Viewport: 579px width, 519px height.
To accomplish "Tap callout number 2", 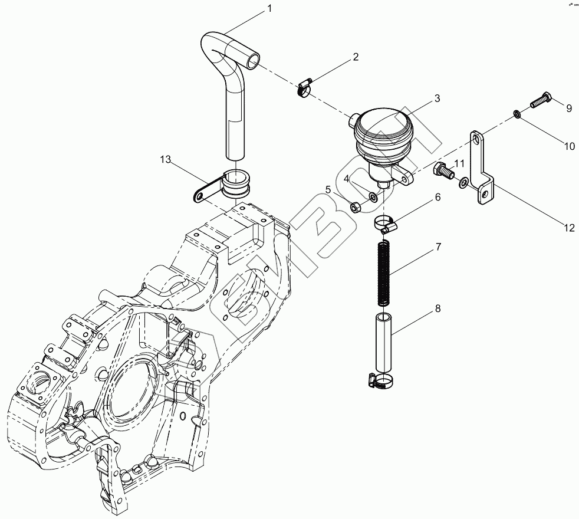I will (356, 57).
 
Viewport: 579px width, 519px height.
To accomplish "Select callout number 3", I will (437, 98).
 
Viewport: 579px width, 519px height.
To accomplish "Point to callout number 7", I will (438, 247).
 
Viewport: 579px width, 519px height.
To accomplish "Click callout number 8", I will (437, 308).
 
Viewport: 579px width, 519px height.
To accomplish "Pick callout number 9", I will (569, 108).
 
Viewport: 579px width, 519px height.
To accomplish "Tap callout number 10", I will (569, 146).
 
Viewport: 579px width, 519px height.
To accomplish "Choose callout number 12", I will (569, 228).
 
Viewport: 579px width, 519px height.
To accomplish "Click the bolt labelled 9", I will (539, 101).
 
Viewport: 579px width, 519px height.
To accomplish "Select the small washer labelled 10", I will (515, 113).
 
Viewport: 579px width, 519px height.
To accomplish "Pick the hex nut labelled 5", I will (356, 207).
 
